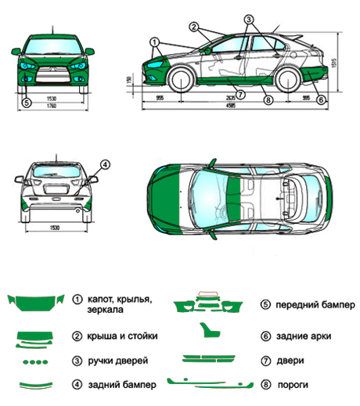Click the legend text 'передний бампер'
pyautogui.click(x=313, y=304)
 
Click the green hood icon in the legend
pyautogui.click(x=34, y=303)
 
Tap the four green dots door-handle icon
pyautogui.click(x=36, y=361)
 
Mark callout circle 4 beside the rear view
pyautogui.click(x=105, y=164)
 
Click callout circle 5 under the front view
pyautogui.click(x=26, y=102)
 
